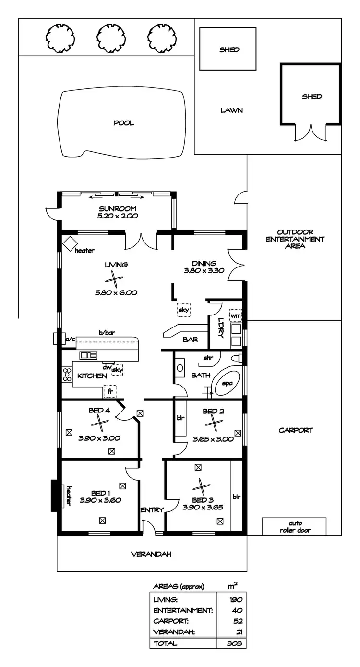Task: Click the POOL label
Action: (123, 123)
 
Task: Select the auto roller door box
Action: (294, 527)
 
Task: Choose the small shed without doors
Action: (229, 49)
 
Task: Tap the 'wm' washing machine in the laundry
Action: (235, 315)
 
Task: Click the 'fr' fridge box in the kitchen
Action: (110, 392)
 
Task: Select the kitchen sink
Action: (88, 355)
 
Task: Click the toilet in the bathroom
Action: (237, 358)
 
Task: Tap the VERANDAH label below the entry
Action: (151, 554)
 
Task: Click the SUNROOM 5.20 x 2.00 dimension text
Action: (118, 216)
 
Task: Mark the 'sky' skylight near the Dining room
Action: (183, 310)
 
